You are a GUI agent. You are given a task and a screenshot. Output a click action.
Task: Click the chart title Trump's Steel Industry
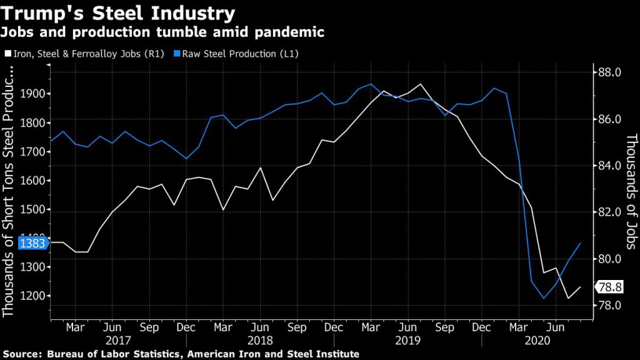[119, 13]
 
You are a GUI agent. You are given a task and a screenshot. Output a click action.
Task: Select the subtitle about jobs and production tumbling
[164, 32]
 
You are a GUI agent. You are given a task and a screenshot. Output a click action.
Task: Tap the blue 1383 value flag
[32, 243]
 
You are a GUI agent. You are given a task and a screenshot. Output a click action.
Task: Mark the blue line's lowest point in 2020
[544, 298]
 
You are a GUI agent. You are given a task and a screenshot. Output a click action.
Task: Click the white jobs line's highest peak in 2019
[420, 84]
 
